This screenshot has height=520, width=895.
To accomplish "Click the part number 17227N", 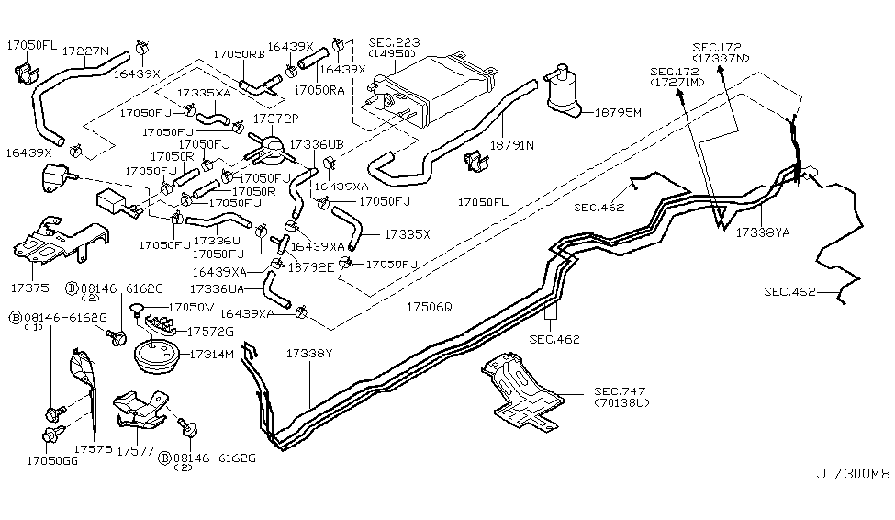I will point(85,51).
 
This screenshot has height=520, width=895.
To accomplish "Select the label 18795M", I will point(617,112).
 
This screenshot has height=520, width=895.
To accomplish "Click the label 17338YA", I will point(762,232).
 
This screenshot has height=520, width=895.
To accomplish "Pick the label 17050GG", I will point(50,460).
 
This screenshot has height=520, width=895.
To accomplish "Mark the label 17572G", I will point(210,332).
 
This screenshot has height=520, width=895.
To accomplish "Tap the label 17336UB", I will point(317,145).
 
